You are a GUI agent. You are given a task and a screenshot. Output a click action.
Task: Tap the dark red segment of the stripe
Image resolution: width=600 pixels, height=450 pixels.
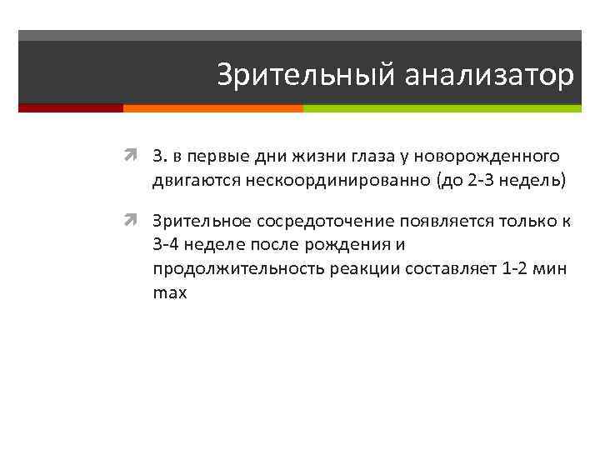tap(70, 108)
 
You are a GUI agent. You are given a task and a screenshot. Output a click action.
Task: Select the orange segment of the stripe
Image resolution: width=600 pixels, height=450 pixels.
tap(212, 108)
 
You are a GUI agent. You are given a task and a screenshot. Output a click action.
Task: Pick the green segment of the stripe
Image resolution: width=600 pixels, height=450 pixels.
tap(442, 108)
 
